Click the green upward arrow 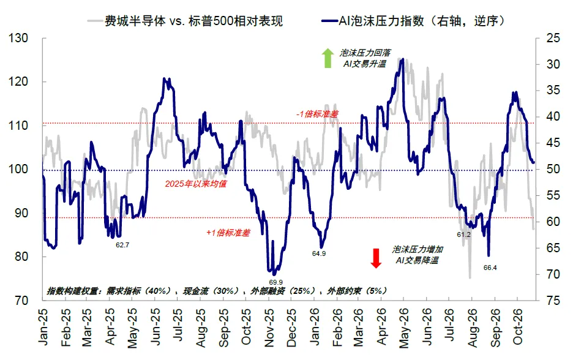tap(328, 58)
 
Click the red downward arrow tap(376, 258)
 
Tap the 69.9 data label tap(276, 282)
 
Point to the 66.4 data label tap(490, 268)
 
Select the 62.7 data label tap(122, 245)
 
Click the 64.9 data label tap(319, 253)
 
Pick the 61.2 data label tap(464, 234)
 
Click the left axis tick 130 tap(18, 38)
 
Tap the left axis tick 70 tap(21, 301)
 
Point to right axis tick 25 tap(553, 38)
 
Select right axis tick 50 tap(553, 169)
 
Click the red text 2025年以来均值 tap(195, 184)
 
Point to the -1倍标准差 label tap(317, 114)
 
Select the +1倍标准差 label tap(228, 233)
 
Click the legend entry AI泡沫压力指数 tap(413, 21)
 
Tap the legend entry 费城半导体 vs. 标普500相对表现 tap(185, 21)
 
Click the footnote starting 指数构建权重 tap(216, 291)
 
